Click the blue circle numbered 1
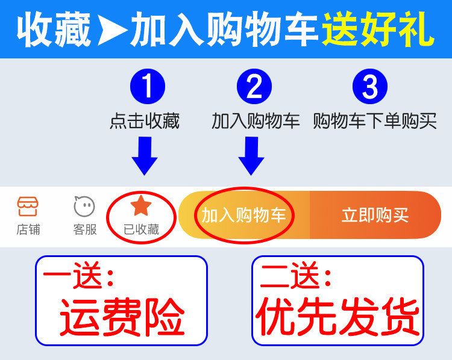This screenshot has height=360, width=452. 146,86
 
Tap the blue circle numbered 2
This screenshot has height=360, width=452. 254,86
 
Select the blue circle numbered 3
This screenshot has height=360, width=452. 370,86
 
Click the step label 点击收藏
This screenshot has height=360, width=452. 145,121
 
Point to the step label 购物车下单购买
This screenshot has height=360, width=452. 375,121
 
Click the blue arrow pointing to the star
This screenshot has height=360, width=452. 145,155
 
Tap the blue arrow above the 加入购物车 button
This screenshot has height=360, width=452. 251,155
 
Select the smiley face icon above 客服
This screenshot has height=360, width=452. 84,206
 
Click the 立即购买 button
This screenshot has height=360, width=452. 375,215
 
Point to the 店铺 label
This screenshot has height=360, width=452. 28,229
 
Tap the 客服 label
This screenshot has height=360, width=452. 84,229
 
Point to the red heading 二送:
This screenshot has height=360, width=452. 295,278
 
